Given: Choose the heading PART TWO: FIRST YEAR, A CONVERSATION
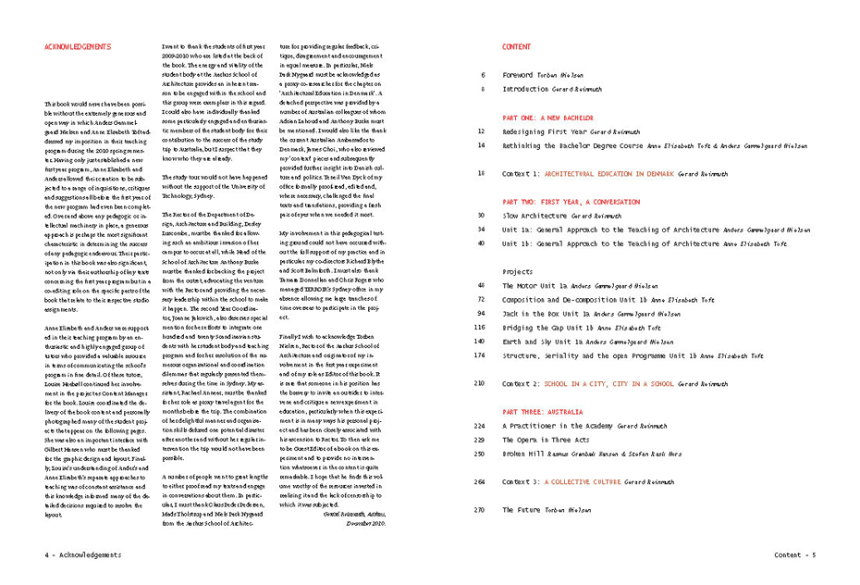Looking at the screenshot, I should point(577,201).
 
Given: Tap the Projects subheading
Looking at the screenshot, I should point(518,272).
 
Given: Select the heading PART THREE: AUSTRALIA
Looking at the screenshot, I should point(542,411).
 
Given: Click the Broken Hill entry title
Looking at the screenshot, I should point(527,454).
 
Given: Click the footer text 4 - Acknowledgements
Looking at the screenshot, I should point(82,555).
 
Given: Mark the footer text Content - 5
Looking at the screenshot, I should point(795,555).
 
